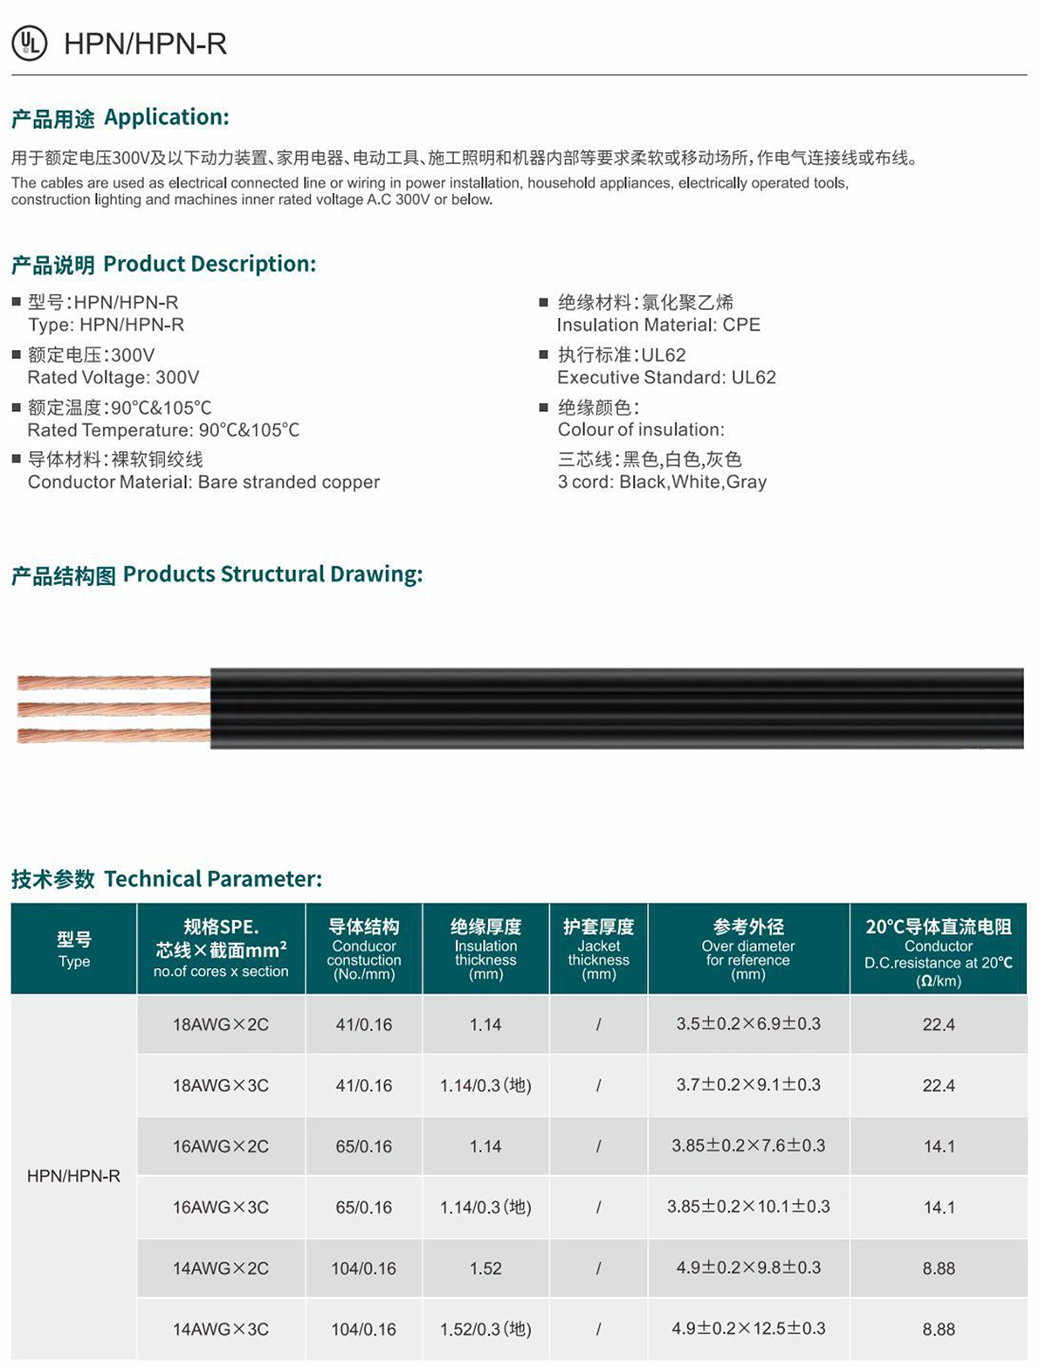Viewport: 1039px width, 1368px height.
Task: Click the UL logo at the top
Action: [29, 43]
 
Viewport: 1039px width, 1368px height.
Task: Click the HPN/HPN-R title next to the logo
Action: [146, 44]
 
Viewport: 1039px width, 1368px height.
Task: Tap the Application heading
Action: [120, 117]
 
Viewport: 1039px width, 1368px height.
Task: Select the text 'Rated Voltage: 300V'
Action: [114, 377]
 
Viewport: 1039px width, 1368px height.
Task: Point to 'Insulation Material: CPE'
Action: [658, 325]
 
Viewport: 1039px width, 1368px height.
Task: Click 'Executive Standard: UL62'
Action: [666, 377]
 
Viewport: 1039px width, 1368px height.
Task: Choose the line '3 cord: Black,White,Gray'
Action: [662, 482]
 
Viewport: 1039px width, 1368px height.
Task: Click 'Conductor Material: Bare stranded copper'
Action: [203, 482]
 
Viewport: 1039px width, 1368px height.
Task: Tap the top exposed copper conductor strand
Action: [114, 682]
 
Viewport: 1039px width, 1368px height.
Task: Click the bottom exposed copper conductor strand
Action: [114, 736]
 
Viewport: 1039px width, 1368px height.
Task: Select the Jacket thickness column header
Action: [598, 948]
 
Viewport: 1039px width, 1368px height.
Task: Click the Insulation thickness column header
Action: [485, 948]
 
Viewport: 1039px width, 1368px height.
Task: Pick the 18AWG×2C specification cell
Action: [221, 1024]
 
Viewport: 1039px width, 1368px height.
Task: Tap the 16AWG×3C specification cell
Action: [221, 1207]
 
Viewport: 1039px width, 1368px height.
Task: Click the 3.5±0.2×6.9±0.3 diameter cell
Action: [748, 1024]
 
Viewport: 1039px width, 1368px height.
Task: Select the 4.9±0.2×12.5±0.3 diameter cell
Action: [748, 1329]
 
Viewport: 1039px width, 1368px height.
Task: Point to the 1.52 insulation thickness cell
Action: [485, 1268]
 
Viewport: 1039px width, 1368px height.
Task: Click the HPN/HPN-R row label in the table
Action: [74, 1176]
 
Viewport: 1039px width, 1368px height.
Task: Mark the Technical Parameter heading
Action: [167, 878]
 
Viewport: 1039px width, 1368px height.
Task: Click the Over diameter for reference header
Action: [748, 948]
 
